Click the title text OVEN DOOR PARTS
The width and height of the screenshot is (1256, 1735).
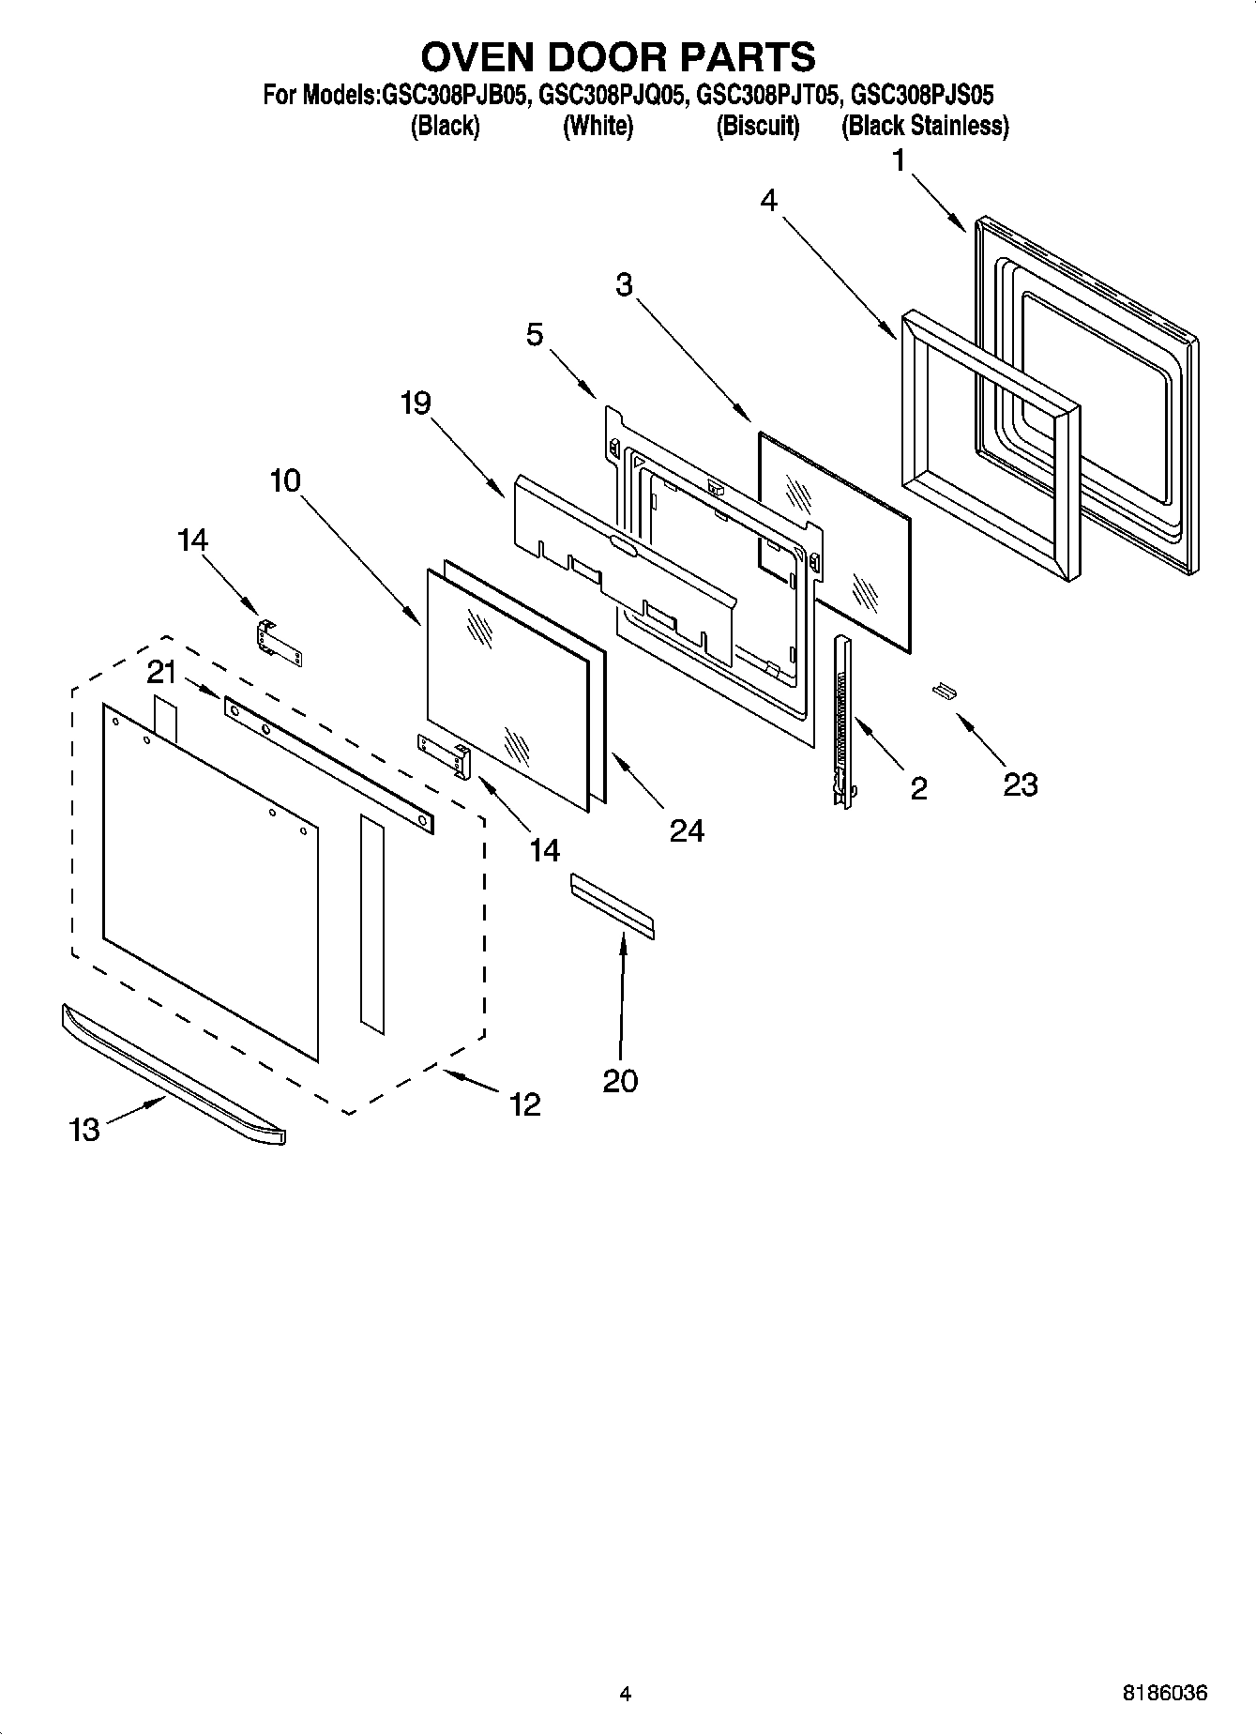click(x=618, y=57)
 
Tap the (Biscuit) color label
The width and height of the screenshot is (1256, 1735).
click(x=758, y=126)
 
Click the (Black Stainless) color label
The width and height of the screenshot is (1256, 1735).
click(x=925, y=126)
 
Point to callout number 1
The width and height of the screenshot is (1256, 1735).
click(x=899, y=162)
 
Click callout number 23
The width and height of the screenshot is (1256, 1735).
click(x=1020, y=784)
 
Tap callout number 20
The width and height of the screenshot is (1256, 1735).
click(x=620, y=1081)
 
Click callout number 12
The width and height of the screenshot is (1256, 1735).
click(x=525, y=1104)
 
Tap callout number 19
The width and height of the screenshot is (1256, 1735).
click(x=416, y=403)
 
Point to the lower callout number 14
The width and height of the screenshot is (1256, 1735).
click(x=544, y=850)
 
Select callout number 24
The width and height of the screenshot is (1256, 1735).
click(x=687, y=830)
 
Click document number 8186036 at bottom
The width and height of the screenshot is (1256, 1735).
click(x=1164, y=1694)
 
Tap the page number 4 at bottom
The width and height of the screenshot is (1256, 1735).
click(x=626, y=1695)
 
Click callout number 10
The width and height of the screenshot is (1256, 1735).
click(x=285, y=481)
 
